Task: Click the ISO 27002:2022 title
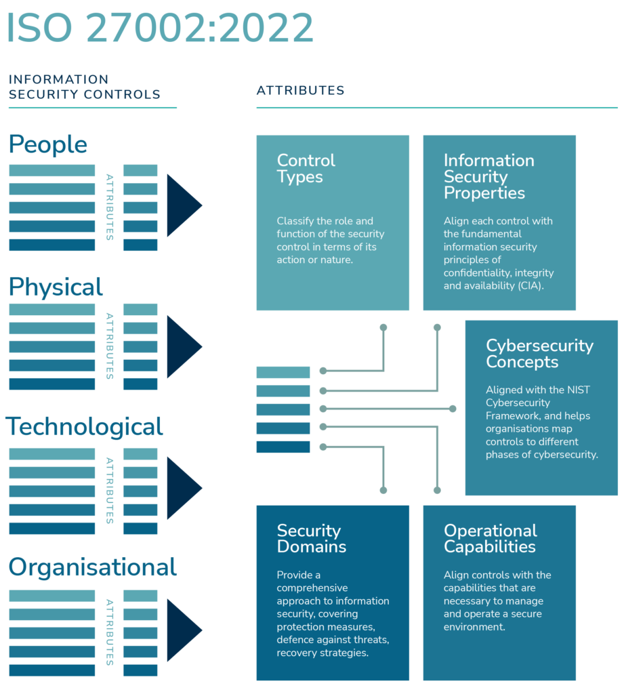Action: click(x=160, y=28)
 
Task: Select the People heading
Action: click(x=48, y=145)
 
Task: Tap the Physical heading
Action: click(x=56, y=287)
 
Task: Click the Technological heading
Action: click(x=85, y=427)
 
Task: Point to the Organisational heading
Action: click(x=93, y=567)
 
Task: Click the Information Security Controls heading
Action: click(x=85, y=87)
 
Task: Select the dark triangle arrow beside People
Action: click(x=183, y=205)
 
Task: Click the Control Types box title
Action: click(x=306, y=169)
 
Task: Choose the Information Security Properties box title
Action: click(x=488, y=176)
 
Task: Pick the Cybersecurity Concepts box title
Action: click(x=539, y=353)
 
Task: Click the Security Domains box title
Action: click(x=311, y=539)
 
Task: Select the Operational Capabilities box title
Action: click(x=490, y=539)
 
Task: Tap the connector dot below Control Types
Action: click(x=383, y=327)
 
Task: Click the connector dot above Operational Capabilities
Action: click(x=437, y=490)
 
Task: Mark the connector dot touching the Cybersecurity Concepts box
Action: click(x=453, y=409)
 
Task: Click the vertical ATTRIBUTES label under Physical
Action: click(x=110, y=346)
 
